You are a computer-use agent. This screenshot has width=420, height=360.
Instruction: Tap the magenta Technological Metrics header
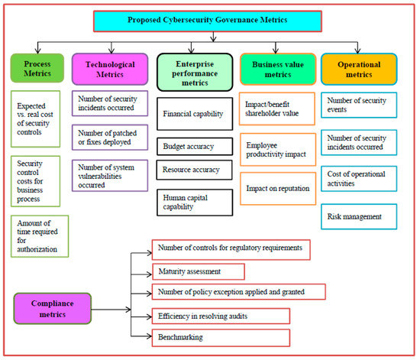tap(108, 68)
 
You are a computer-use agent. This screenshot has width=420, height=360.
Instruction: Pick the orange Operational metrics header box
tap(359, 68)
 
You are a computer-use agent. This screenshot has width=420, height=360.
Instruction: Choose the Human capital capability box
tap(191, 201)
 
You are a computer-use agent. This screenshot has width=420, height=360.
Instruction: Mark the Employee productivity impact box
tap(276, 150)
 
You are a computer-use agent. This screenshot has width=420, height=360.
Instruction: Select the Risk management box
tap(359, 217)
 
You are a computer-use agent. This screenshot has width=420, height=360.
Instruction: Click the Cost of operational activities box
tap(359, 179)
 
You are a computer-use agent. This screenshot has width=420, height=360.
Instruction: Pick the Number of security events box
tap(359, 103)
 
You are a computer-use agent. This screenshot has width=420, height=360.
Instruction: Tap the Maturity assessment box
tap(199, 271)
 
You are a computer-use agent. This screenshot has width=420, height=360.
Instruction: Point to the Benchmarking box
tap(221, 336)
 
